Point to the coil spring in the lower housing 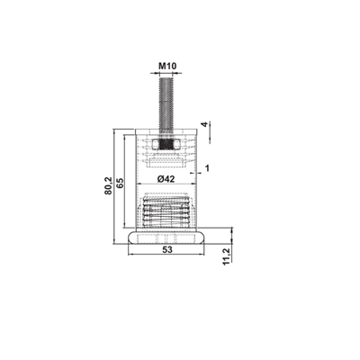166,214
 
